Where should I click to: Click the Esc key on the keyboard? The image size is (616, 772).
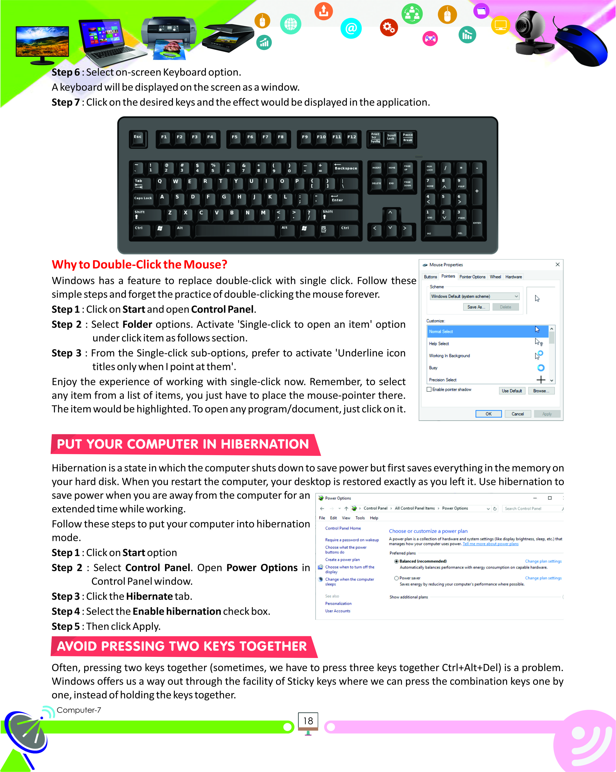pyautogui.click(x=138, y=138)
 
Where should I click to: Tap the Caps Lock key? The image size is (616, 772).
pyautogui.click(x=143, y=199)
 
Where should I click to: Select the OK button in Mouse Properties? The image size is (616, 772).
pyautogui.click(x=488, y=414)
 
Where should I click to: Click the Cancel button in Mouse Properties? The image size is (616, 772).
pyautogui.click(x=517, y=414)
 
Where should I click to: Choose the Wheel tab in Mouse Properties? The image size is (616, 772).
pyautogui.click(x=495, y=277)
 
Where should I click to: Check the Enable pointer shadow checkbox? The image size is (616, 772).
pyautogui.click(x=429, y=389)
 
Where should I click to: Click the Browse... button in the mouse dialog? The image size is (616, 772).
pyautogui.click(x=541, y=391)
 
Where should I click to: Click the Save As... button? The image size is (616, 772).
pyautogui.click(x=476, y=307)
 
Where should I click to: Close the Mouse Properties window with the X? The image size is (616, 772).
pyautogui.click(x=557, y=265)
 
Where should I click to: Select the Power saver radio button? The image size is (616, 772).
pyautogui.click(x=396, y=578)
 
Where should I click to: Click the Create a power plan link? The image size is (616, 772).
pyautogui.click(x=342, y=560)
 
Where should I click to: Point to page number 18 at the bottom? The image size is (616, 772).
pyautogui.click(x=308, y=721)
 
